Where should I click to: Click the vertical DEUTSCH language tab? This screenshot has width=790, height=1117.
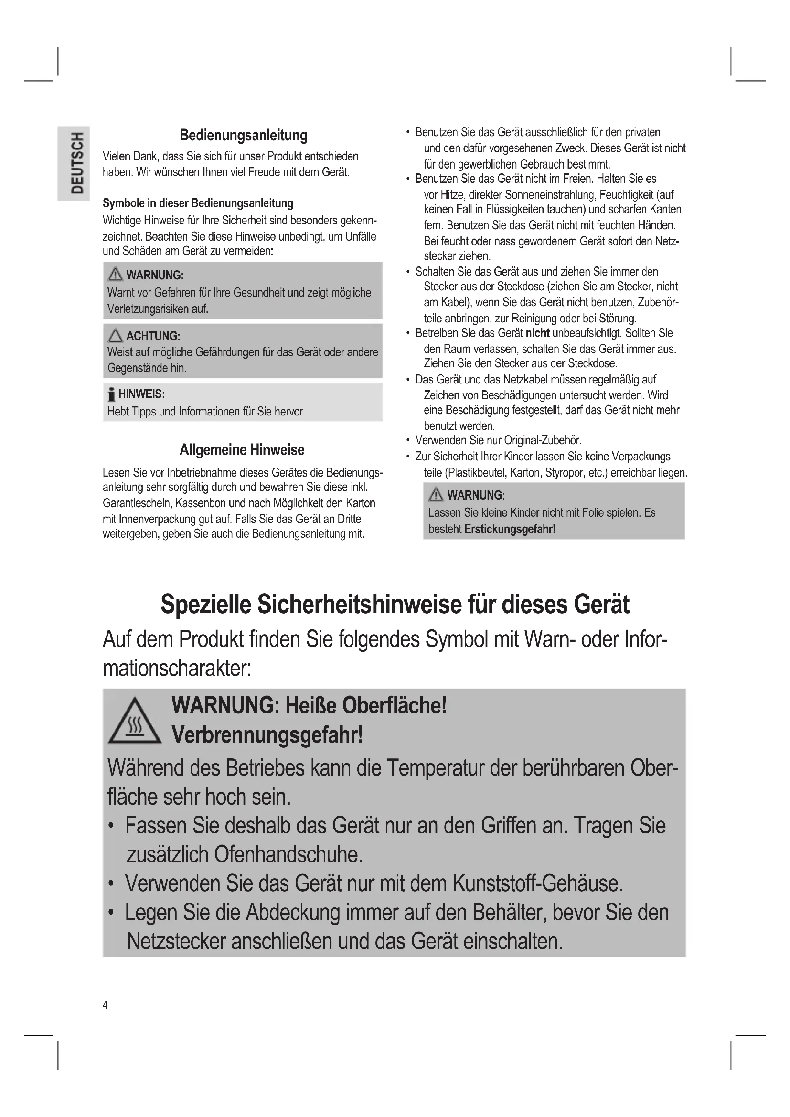click(x=77, y=163)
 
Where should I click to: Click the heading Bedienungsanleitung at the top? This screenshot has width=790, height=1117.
click(x=243, y=135)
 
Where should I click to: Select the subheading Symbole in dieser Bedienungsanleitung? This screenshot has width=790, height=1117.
click(x=198, y=203)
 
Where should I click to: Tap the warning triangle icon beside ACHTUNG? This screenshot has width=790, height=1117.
click(x=115, y=336)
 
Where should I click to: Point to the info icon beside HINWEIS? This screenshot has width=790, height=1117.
click(x=111, y=394)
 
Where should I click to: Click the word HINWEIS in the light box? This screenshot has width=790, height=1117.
click(x=141, y=394)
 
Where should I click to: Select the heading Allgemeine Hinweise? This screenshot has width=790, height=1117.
click(x=242, y=449)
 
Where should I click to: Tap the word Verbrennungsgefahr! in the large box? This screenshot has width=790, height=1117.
click(x=267, y=734)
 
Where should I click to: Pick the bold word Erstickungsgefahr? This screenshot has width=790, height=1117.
click(x=509, y=529)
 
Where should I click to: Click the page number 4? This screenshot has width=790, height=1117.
click(x=105, y=1005)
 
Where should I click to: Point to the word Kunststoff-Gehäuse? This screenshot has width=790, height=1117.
click(x=537, y=883)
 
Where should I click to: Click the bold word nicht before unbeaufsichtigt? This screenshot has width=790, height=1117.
click(x=537, y=333)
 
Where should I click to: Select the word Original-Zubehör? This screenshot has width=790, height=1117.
click(x=543, y=441)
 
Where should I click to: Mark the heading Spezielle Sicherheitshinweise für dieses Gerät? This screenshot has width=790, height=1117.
click(x=395, y=604)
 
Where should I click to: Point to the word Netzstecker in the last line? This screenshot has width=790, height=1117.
click(x=176, y=941)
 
